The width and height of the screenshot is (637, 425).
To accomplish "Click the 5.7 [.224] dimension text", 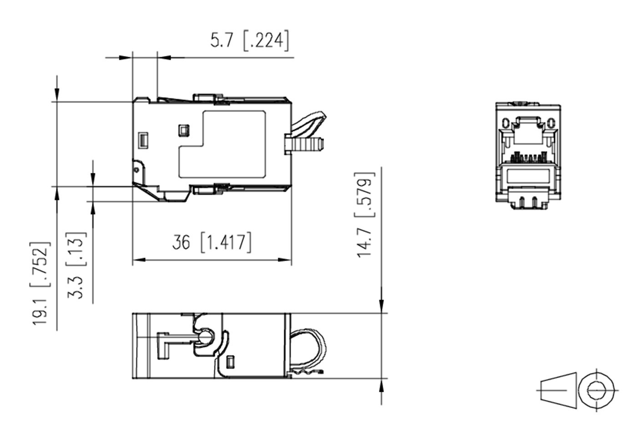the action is pos(250,40).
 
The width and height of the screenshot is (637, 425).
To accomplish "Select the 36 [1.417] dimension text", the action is pos(212,243).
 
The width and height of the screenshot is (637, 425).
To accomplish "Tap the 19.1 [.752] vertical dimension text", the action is pos(40,283).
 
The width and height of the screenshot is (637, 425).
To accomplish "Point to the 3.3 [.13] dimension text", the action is pos(76,265).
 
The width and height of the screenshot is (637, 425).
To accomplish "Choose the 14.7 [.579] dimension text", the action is pos(365,215).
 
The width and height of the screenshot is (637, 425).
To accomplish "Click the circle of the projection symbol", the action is pos(596,390).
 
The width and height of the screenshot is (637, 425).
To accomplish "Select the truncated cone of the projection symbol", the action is pos(558,390).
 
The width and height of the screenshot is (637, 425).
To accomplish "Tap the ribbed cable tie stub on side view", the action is pos(304,144).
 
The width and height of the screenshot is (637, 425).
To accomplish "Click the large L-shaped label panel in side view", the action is pos(222,144).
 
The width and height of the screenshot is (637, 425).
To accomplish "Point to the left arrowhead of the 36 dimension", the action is pos(139,260).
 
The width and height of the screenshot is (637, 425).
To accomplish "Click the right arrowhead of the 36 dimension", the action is pos(285,260).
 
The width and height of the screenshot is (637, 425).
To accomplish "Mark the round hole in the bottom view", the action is pos(205,337).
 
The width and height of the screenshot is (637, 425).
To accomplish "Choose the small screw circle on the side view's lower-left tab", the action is pos(136,170).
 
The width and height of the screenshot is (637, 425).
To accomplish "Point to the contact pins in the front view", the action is pos(528,158).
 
